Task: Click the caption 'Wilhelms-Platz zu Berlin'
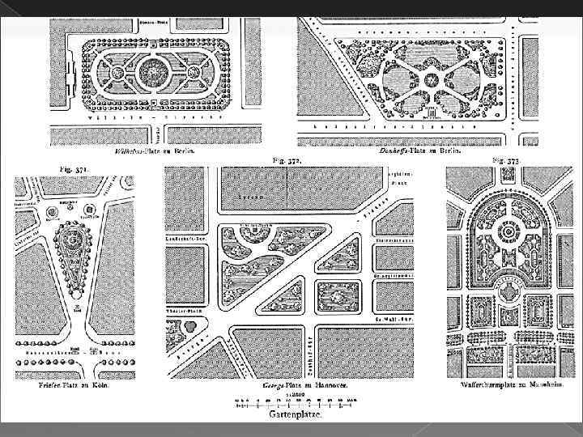pyautogui.click(x=154, y=151)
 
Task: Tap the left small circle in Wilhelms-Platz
pyautogui.click(x=118, y=72)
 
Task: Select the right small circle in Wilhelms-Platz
pyautogui.click(x=193, y=72)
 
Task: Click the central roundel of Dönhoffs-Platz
pyautogui.click(x=431, y=79)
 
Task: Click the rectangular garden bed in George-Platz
pyautogui.click(x=334, y=296)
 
